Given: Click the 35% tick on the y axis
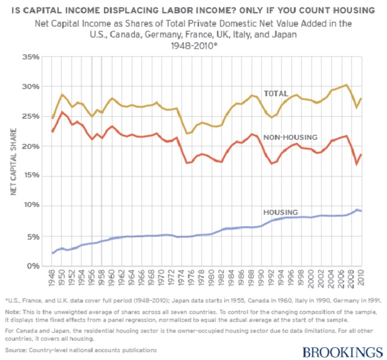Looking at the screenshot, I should [31, 57].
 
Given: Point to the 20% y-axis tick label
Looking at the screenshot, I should [31, 146].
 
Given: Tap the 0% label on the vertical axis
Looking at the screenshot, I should [34, 266].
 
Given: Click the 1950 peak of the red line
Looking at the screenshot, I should [62, 112].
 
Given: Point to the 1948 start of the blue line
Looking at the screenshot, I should [53, 252].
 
